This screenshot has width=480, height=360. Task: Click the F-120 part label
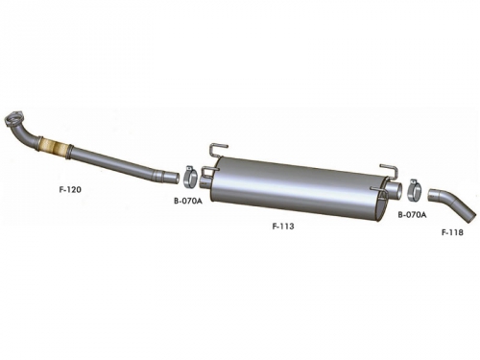click(70, 189)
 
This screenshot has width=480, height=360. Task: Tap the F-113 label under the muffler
click(283, 227)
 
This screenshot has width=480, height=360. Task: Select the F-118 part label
click(452, 232)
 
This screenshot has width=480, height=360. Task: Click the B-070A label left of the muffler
click(188, 202)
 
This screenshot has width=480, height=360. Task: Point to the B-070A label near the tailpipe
click(412, 215)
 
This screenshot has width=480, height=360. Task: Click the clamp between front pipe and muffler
click(191, 176)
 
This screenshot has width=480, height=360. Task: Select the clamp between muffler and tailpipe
click(416, 190)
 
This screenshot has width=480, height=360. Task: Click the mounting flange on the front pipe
click(13, 117)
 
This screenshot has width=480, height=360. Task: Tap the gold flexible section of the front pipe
click(55, 148)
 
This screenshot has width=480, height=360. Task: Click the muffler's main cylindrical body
click(298, 189)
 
